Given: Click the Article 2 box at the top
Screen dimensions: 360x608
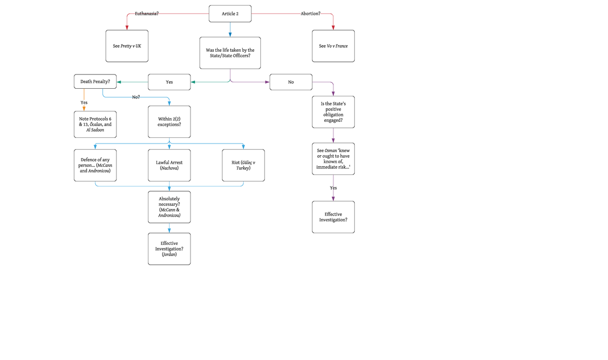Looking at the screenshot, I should click(230, 14).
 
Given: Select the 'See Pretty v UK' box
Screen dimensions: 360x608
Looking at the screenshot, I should click(127, 46).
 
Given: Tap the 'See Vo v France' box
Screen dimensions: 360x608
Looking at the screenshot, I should click(333, 46).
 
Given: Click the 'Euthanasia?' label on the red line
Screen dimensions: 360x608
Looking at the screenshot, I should click(146, 14).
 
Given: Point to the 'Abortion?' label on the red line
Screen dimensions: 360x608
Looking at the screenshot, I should click(310, 14).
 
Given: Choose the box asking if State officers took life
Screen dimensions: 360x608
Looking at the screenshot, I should click(230, 53).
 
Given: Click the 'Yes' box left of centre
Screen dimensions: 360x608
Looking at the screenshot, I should click(169, 82).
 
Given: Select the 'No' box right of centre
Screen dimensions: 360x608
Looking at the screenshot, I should click(291, 82).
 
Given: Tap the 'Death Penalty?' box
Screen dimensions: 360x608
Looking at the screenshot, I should click(95, 81).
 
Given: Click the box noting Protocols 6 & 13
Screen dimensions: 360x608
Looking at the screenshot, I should click(95, 124).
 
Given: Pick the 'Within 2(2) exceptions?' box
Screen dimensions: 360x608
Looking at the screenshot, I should click(169, 122).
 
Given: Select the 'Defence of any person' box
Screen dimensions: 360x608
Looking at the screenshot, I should click(95, 165).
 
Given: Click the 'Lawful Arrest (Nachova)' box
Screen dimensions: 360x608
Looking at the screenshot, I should click(169, 165).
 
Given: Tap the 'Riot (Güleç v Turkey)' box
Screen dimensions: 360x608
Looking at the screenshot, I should click(243, 165).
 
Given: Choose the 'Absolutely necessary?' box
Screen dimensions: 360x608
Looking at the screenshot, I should click(169, 207).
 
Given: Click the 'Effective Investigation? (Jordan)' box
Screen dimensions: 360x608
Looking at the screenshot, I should click(169, 249).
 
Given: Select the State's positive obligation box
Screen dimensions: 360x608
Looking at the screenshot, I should click(333, 112).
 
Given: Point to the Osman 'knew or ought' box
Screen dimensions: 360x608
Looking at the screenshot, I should click(333, 159).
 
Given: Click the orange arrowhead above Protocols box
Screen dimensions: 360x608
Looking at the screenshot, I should click(84, 108).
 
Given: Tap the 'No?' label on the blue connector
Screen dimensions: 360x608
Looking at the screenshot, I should click(136, 97).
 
